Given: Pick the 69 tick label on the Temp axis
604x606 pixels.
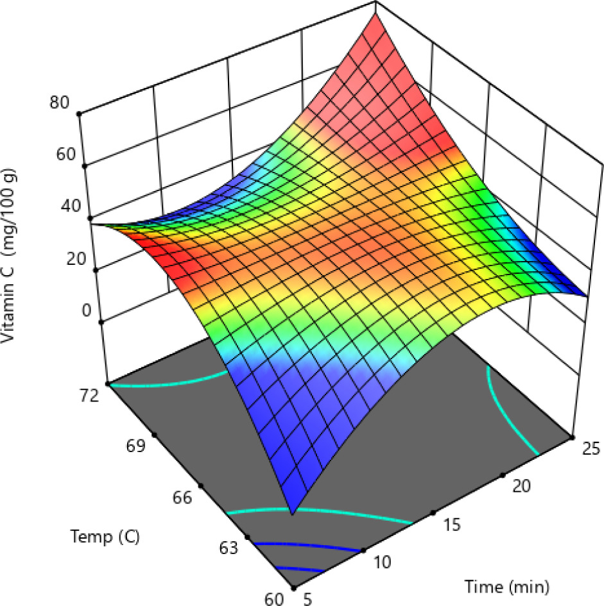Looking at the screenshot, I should click(x=135, y=446).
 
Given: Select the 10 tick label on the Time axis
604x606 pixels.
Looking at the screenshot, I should click(x=382, y=562).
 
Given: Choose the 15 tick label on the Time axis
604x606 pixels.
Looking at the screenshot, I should click(x=453, y=525).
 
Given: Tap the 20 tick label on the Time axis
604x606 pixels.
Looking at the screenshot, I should click(x=524, y=487).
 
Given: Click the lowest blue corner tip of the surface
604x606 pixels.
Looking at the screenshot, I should click(x=293, y=513).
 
